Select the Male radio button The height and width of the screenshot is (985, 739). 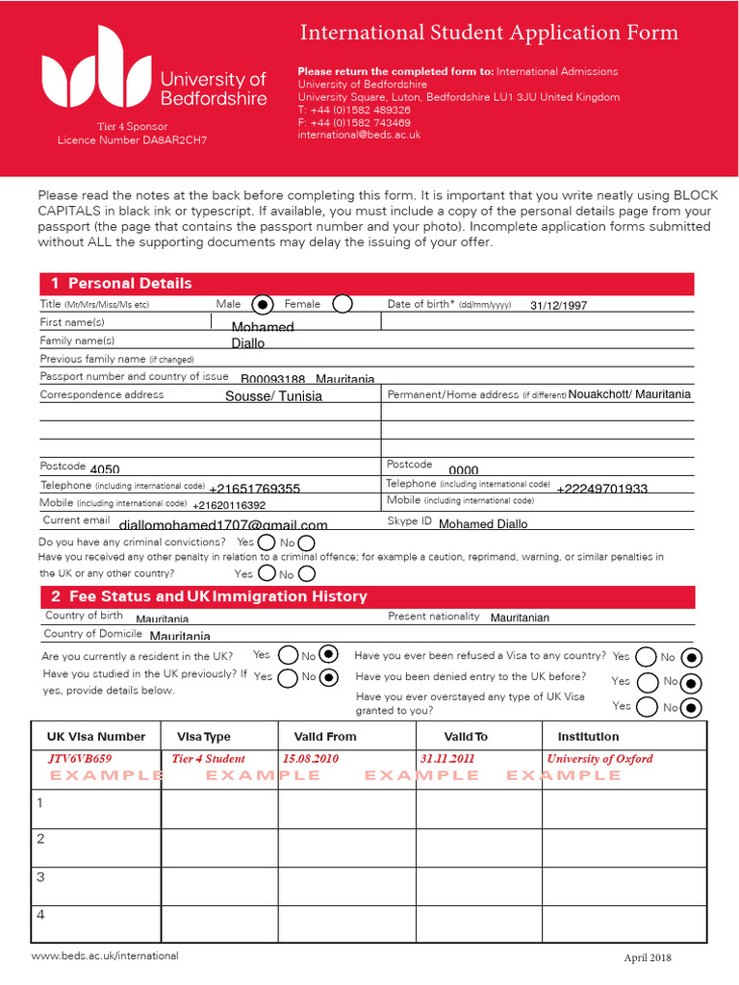[261, 305]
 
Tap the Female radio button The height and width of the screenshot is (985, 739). [343, 305]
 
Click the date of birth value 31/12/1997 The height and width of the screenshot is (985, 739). [558, 306]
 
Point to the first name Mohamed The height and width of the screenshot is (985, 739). [263, 327]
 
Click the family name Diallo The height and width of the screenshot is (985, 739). [247, 343]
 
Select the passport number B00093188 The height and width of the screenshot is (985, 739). [272, 380]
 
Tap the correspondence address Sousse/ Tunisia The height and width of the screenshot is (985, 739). [273, 396]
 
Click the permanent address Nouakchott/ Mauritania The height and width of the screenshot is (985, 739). [629, 394]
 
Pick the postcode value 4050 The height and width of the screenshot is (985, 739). [105, 469]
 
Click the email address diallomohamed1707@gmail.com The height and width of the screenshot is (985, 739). [223, 525]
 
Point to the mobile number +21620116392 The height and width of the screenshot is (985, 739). [229, 505]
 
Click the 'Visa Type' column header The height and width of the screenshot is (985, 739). [204, 737]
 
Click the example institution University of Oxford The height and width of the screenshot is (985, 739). [599, 759]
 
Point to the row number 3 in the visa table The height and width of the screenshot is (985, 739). [40, 876]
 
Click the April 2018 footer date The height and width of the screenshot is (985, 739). [647, 958]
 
